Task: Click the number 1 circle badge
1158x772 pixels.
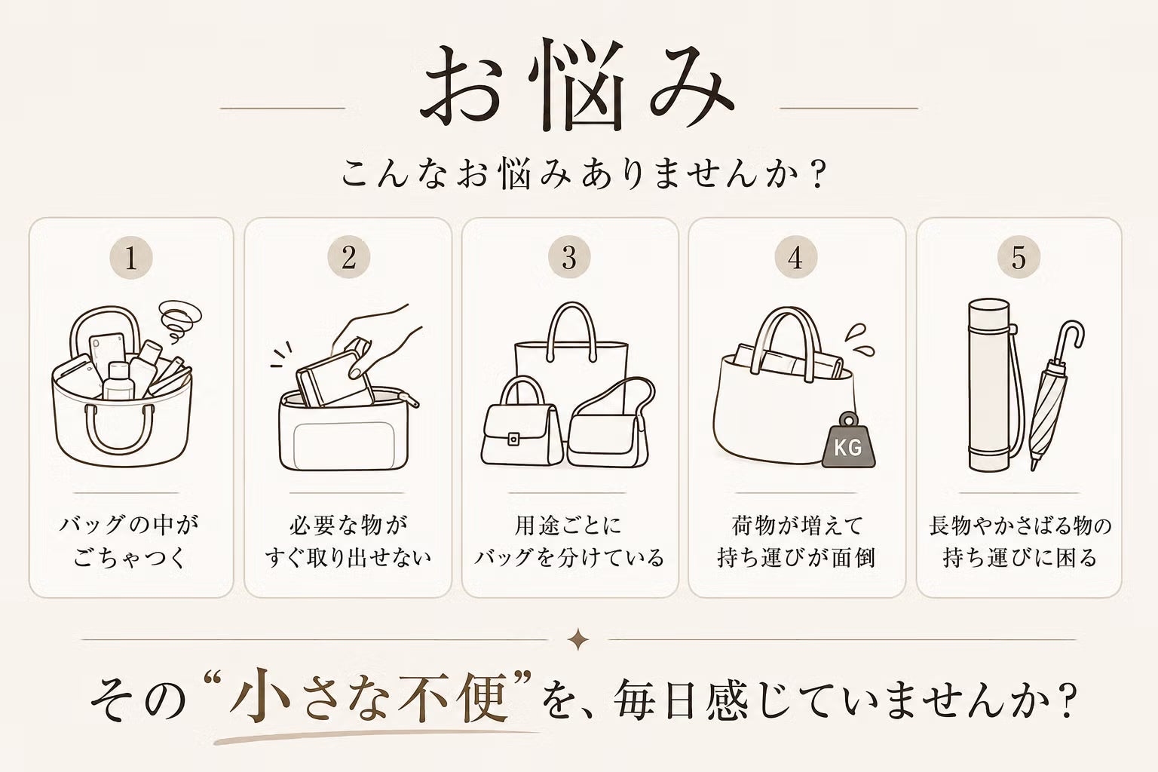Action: point(131,257)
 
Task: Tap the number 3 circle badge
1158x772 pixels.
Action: point(569,257)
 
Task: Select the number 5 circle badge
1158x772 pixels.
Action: point(1019,257)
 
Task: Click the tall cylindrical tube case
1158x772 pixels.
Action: point(988,385)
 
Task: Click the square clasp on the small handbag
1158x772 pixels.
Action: point(513,439)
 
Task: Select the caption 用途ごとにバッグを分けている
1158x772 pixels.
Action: point(569,541)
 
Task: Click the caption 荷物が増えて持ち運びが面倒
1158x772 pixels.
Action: point(796,541)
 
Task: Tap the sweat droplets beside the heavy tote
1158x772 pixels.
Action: point(860,340)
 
